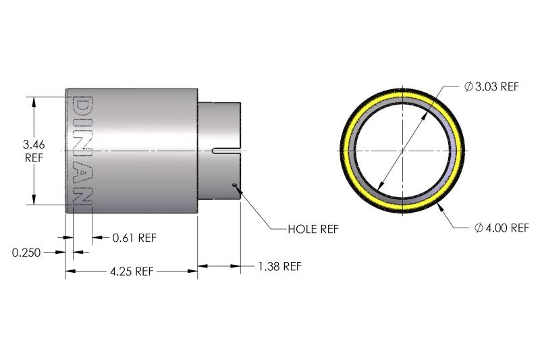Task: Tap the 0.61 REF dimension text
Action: click(134, 237)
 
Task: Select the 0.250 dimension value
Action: click(26, 253)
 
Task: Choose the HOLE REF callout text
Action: click(313, 229)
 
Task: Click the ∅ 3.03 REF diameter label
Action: click(492, 86)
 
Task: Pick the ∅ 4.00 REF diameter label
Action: click(502, 228)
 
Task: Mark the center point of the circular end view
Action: click(402, 149)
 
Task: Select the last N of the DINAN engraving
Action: click(82, 194)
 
